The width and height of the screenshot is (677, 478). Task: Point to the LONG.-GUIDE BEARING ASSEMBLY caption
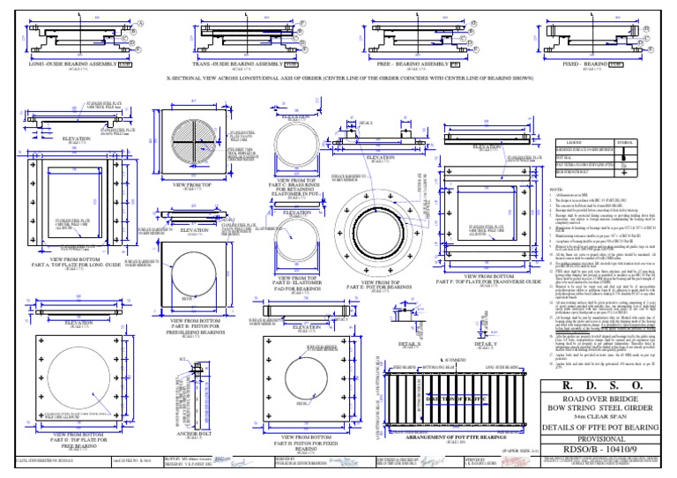pos(75,64)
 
